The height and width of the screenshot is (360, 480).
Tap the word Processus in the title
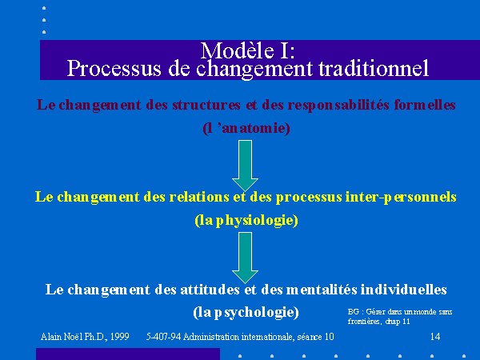click(114, 69)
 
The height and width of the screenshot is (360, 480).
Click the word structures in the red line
click(206, 105)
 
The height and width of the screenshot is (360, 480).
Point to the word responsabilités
click(338, 105)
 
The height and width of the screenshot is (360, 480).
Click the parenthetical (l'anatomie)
click(246, 128)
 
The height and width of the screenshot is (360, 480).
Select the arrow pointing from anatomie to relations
click(246, 166)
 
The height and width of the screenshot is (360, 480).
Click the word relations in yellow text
click(199, 197)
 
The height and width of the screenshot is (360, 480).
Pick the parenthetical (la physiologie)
click(246, 221)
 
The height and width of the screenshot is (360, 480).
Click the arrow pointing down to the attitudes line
click(246, 258)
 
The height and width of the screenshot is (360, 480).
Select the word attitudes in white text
click(210, 290)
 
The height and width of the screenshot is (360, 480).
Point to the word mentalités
click(322, 290)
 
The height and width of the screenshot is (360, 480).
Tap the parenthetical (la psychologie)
click(246, 312)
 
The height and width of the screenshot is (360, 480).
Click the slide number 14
click(435, 337)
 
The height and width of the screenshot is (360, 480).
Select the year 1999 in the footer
click(120, 337)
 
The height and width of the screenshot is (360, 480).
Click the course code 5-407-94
click(163, 337)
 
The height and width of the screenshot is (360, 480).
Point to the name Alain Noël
click(62, 337)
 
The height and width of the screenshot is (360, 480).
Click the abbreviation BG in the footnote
click(354, 312)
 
